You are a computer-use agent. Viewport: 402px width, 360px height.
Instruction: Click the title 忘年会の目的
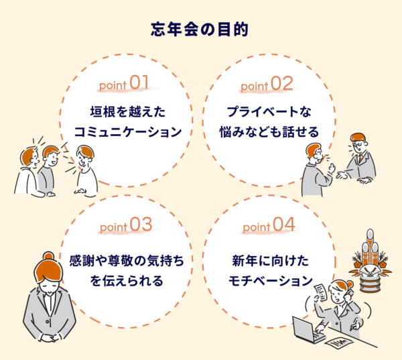point(201,30)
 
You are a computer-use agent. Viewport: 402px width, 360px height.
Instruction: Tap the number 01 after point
point(139,83)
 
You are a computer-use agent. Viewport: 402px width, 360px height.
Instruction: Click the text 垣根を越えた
point(127,111)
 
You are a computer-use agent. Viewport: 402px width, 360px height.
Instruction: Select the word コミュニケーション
point(127,131)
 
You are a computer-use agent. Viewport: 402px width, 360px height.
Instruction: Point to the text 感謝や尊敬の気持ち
point(127,258)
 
